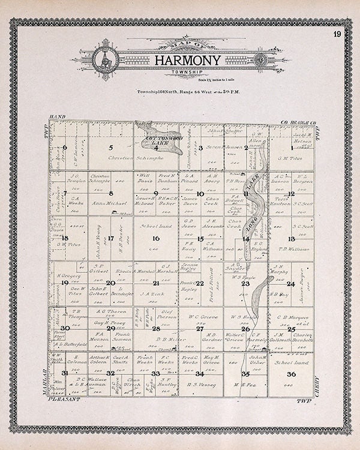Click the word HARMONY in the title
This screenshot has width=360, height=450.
pyautogui.click(x=180, y=61)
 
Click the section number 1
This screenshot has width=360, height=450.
pyautogui.click(x=292, y=148)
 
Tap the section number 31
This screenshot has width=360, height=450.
pyautogui.click(x=64, y=373)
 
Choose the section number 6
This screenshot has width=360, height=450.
pyautogui.click(x=64, y=148)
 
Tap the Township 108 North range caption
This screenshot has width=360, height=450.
pyautogui.click(x=180, y=92)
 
